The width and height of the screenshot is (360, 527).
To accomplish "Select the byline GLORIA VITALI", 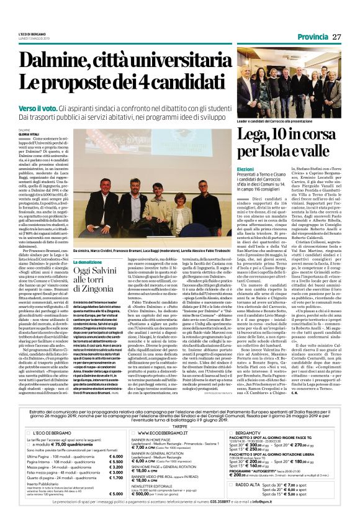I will point(29,134).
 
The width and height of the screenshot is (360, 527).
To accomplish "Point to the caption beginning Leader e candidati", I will point(272,122).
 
